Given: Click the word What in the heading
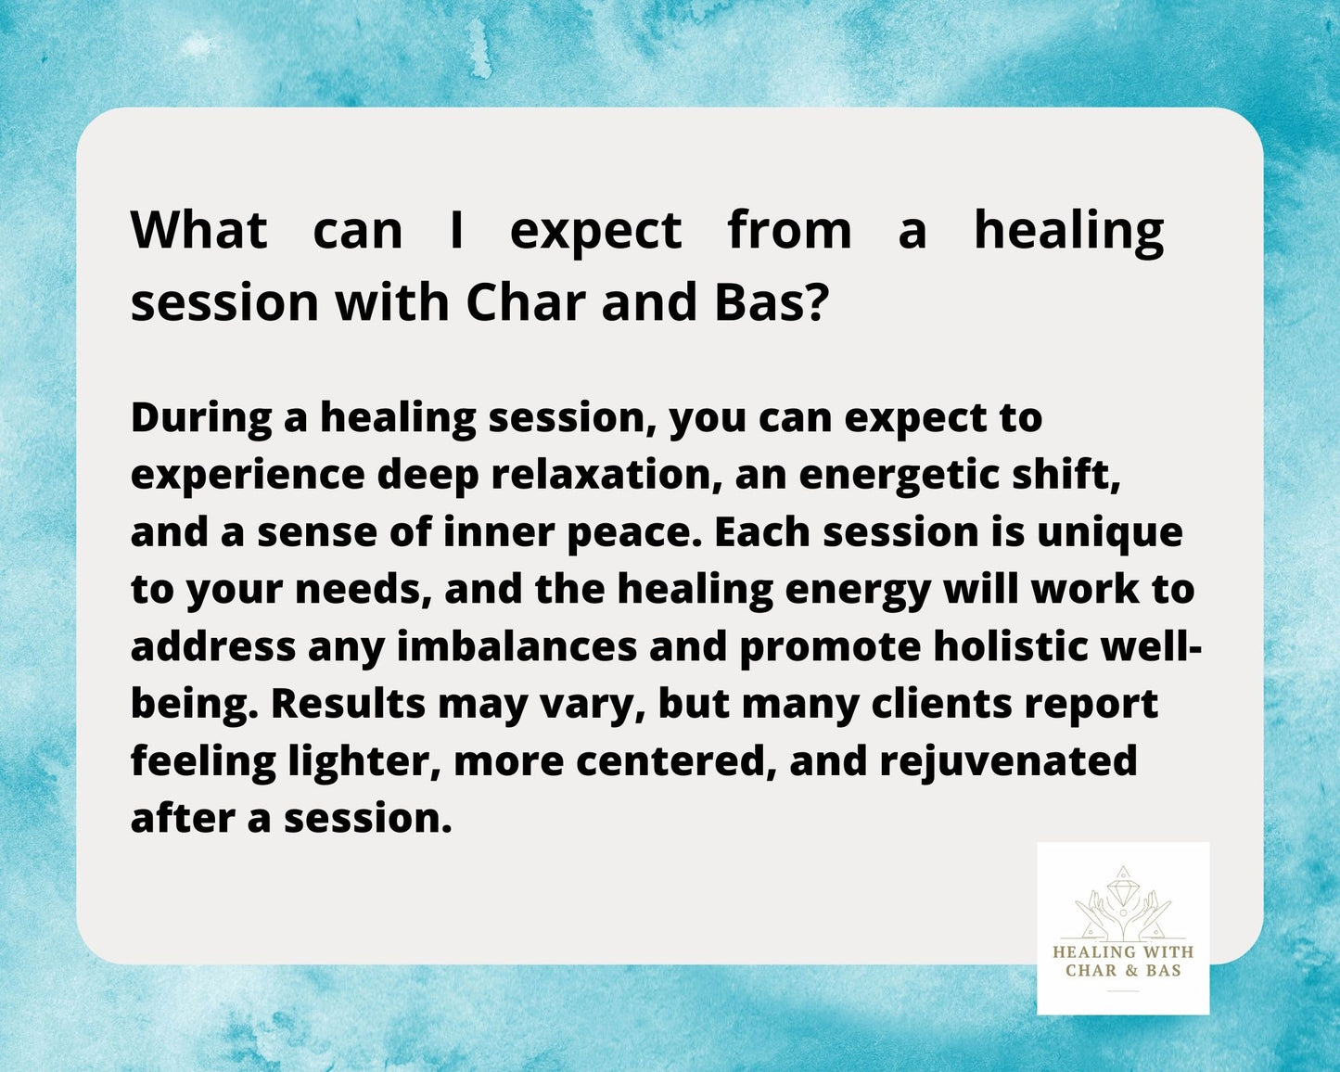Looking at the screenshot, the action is click(199, 230).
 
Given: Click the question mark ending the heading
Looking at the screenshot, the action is click(813, 301).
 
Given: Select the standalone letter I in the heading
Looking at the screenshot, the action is click(456, 230).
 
